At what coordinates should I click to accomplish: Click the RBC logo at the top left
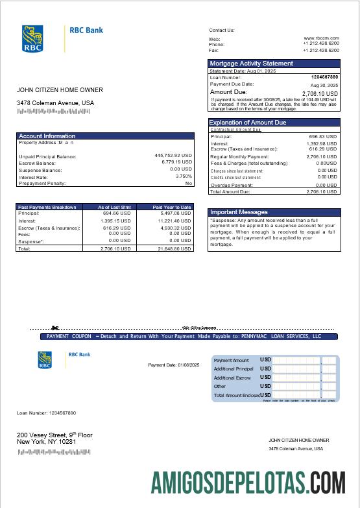tap(32, 39)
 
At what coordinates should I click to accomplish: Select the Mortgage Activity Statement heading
tap(251, 64)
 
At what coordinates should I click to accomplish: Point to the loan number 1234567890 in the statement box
tap(324, 77)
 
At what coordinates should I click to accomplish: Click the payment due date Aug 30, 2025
tap(324, 85)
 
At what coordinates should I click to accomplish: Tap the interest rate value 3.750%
tap(184, 176)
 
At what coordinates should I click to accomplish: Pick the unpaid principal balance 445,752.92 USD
tap(173, 156)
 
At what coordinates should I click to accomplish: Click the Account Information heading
tap(47, 136)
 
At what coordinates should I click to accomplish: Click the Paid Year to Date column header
tap(172, 207)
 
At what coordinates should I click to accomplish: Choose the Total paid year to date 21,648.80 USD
tap(174, 248)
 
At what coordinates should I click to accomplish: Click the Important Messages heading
tap(239, 212)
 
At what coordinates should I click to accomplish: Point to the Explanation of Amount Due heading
tap(248, 122)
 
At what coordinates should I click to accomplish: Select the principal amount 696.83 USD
tap(322, 137)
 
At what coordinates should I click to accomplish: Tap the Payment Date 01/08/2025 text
tap(174, 365)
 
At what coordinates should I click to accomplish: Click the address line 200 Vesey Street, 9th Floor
tap(54, 435)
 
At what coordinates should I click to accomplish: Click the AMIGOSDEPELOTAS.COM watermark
tap(253, 483)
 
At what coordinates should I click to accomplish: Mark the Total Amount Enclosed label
tap(237, 395)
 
